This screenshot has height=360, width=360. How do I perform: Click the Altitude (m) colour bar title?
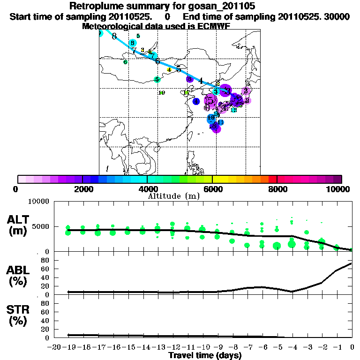pyautogui.click(x=173, y=196)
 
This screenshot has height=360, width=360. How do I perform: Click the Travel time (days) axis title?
pyautogui.click(x=205, y=356)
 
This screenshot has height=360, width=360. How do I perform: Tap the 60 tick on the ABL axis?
pyautogui.click(x=45, y=269)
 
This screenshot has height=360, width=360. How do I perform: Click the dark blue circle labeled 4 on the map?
pyautogui.click(x=196, y=101)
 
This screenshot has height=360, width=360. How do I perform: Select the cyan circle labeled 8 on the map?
pyautogui.click(x=133, y=43)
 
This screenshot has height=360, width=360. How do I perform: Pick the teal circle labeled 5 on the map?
pyautogui.click(x=157, y=80)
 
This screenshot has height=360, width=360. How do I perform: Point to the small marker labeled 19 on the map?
pyautogui.click(x=162, y=93)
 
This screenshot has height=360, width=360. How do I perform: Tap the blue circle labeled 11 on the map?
pyautogui.click(x=220, y=122)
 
